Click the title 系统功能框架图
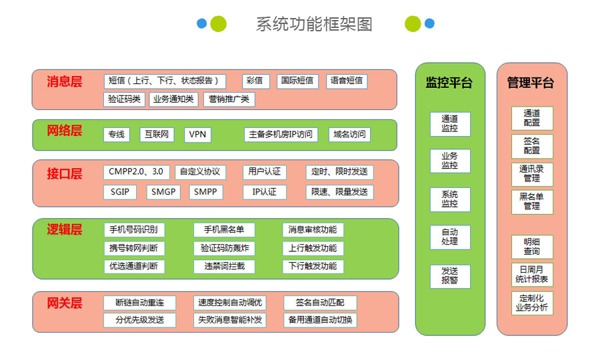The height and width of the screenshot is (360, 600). coord(314,25)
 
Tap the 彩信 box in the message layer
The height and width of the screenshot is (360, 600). coord(254,81)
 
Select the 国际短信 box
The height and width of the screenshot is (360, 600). coord(297,81)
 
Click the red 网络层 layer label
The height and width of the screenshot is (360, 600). coord(65,131)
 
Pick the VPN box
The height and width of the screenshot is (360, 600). coord(197,134)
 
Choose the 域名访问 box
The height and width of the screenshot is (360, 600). coord(349,134)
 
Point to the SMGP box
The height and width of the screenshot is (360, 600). coord(163,192)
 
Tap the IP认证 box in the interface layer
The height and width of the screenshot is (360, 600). coord(264,192)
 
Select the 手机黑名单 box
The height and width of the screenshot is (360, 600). coord(224,230)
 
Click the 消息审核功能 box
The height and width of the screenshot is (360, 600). coord(313,230)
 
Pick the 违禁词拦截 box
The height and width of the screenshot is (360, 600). coord(224,266)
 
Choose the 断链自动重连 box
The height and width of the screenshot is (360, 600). coord(140,302)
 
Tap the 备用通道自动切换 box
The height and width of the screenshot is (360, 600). coord(321,320)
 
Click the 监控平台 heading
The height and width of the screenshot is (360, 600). coord(449,83)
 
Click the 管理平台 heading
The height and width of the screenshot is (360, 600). coord(531,83)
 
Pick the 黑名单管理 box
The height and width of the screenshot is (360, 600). coord(532,202)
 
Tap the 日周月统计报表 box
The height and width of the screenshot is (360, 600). coord(532,275)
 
